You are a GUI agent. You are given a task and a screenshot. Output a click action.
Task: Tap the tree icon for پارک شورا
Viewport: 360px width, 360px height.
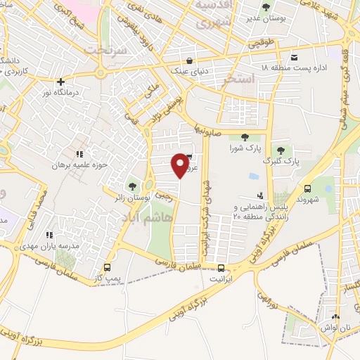tap(244, 137)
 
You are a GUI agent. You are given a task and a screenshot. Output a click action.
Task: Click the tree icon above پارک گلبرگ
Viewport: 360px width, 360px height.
tap(281, 150)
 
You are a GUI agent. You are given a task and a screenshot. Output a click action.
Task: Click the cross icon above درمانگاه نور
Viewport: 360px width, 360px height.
tap(60, 82)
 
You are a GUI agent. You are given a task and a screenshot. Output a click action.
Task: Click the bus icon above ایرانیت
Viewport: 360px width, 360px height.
tap(221, 268)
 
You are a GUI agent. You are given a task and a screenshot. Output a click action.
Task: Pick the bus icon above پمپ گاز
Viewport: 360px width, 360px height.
tap(108, 267)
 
